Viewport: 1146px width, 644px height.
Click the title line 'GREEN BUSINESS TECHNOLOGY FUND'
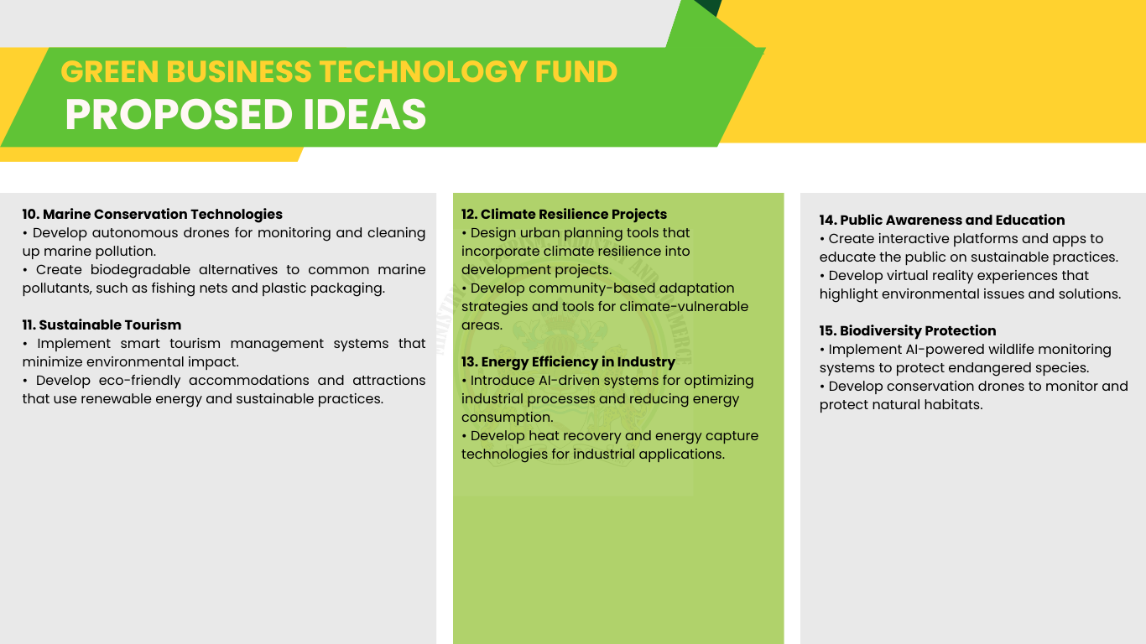pyautogui.click(x=339, y=71)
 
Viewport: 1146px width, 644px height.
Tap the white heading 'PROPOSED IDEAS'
pyautogui.click(x=246, y=114)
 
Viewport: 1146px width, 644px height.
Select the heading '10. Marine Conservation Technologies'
pyautogui.click(x=153, y=214)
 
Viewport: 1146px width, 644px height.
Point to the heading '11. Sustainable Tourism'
pyautogui.click(x=102, y=325)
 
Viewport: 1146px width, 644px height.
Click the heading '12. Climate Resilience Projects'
pyautogui.click(x=565, y=214)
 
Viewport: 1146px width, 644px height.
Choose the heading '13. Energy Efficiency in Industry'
pyautogui.click(x=569, y=361)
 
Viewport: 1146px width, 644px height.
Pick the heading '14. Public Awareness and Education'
pyautogui.click(x=942, y=220)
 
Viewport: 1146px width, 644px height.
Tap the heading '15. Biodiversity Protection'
pyautogui.click(x=908, y=330)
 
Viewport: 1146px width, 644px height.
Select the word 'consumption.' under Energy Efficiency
pyautogui.click(x=508, y=418)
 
